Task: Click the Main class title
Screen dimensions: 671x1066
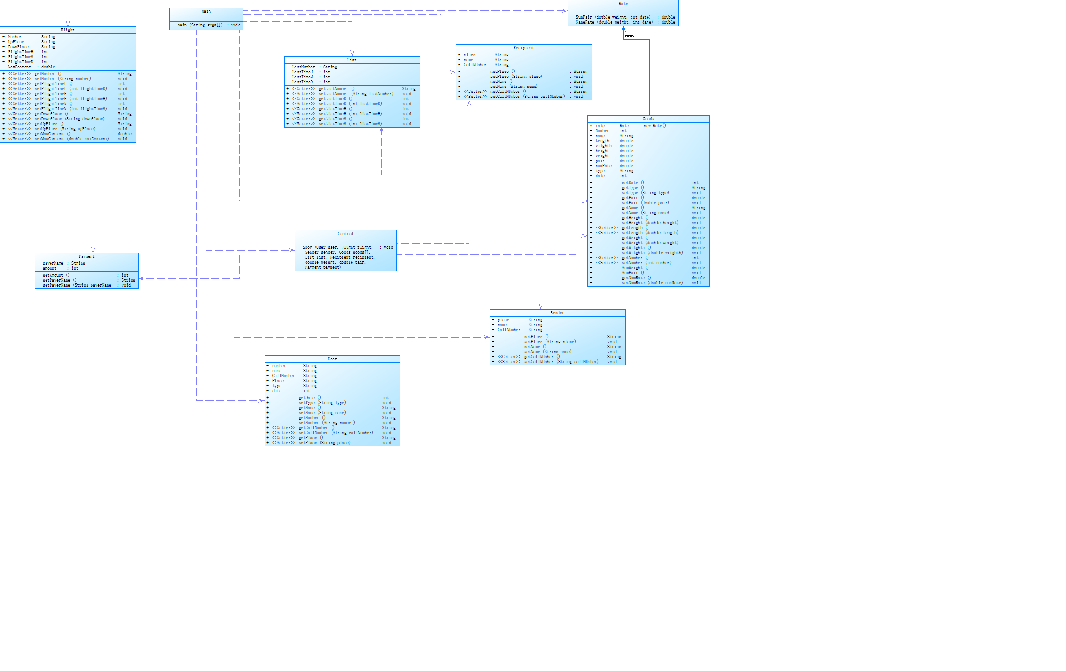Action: click(206, 11)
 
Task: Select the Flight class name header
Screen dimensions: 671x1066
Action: click(67, 30)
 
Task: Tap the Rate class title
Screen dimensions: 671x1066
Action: click(623, 4)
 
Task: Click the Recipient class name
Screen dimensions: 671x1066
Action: click(524, 48)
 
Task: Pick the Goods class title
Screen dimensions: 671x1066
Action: click(648, 119)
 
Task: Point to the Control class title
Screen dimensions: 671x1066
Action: click(345, 234)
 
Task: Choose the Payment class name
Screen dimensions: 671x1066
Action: click(87, 256)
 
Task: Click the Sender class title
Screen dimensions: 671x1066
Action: click(557, 313)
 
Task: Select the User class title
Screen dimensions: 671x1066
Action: click(332, 359)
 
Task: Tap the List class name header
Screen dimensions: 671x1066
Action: click(352, 60)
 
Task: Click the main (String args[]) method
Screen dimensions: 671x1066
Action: click(200, 25)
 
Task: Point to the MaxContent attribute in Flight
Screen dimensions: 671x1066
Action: click(20, 67)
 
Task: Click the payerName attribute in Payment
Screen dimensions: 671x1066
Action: click(53, 263)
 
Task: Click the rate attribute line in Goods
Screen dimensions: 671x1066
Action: click(600, 126)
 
